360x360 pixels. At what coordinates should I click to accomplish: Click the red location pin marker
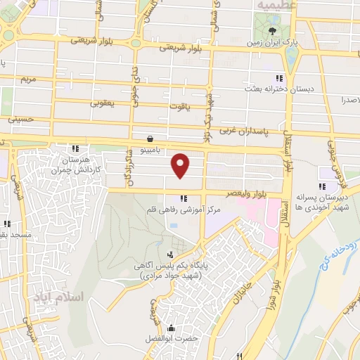point(181,165)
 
